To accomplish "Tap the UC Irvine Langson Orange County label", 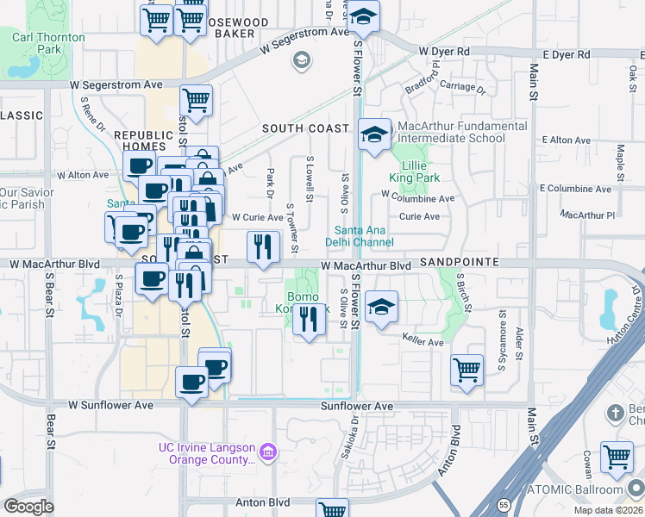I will coord(206,453).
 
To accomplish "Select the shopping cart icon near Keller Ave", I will coord(467,369).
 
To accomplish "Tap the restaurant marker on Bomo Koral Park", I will coord(309,319).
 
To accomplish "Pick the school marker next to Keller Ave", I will coord(380,307).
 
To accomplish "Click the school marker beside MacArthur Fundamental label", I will coord(374,134).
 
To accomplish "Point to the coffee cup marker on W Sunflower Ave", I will coord(191,381).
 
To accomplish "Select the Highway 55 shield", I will coord(503,504).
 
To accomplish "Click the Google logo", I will coord(29,506).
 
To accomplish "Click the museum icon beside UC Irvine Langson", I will coord(267,452).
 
